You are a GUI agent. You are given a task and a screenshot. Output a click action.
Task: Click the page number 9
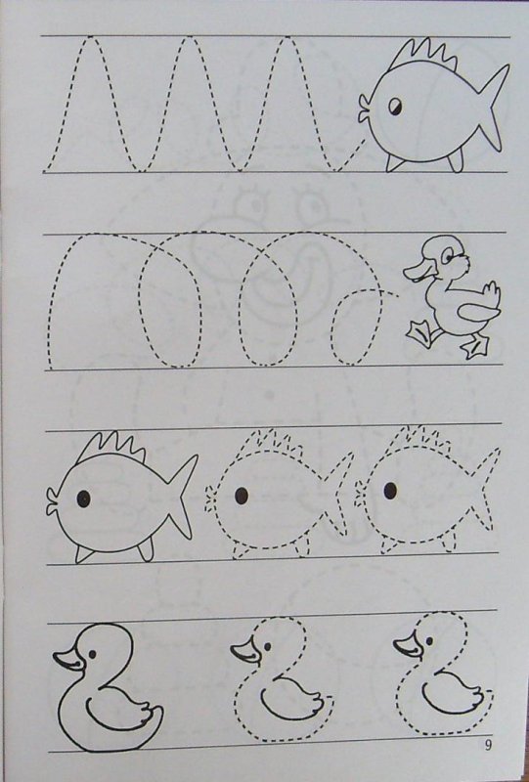click(x=488, y=745)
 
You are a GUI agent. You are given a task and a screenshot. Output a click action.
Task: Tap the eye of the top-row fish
click(x=395, y=107)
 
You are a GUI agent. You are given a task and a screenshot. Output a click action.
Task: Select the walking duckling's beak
click(x=419, y=272)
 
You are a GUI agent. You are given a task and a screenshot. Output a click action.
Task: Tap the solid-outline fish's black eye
click(x=83, y=499)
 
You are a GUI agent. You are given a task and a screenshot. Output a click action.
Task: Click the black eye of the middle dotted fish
click(x=242, y=496)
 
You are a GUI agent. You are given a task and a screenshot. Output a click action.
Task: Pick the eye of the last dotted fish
click(x=390, y=491)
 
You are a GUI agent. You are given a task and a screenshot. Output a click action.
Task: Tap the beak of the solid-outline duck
click(x=69, y=659)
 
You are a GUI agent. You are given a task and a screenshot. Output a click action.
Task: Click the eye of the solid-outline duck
click(x=93, y=654)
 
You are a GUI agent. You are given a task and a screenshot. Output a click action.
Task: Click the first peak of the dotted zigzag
click(x=90, y=37)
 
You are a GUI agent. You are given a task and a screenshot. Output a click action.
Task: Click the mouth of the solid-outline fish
click(x=53, y=501)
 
